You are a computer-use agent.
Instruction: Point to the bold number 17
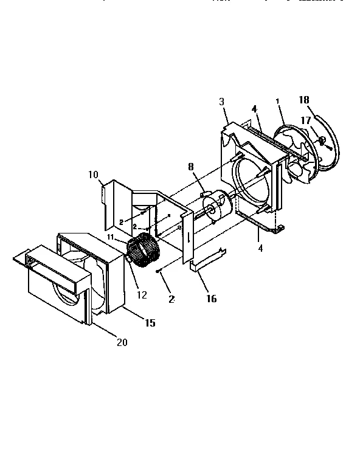(x=305, y=121)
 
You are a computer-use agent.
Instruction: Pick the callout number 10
(x=92, y=175)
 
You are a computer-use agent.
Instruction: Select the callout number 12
(x=141, y=296)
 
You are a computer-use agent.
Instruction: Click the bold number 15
(x=148, y=323)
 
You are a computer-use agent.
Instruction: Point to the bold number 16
(x=211, y=299)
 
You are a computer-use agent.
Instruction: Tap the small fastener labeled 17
(x=322, y=142)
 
